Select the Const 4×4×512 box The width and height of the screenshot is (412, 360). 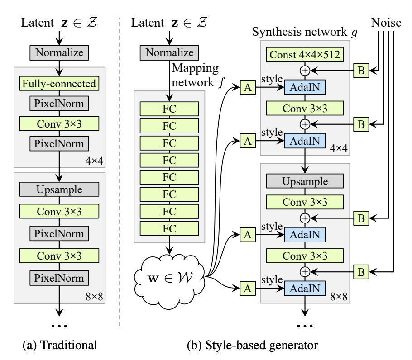pos(305,55)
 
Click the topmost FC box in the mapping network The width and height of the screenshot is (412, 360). pos(169,109)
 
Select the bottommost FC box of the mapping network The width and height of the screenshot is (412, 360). pos(169,227)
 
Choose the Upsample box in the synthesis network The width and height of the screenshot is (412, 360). pos(305,181)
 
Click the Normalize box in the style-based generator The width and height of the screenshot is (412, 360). pos(169,52)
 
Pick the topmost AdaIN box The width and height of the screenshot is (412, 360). pos(305,87)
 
